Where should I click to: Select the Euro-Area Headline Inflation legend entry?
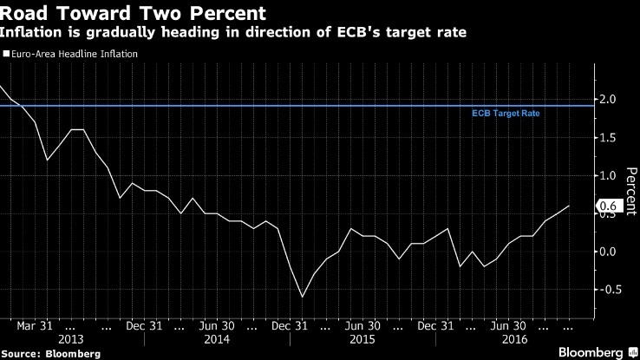[x=73, y=54]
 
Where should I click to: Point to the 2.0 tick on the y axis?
[x=607, y=99]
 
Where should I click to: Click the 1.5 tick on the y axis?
[x=607, y=137]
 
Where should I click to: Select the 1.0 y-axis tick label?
[x=607, y=175]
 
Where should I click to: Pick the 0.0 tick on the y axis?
[x=607, y=252]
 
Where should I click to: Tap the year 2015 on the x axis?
[x=362, y=340]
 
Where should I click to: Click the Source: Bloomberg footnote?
[x=50, y=353]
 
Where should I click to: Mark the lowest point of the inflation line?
[x=303, y=297]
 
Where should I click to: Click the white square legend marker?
[x=5, y=54]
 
